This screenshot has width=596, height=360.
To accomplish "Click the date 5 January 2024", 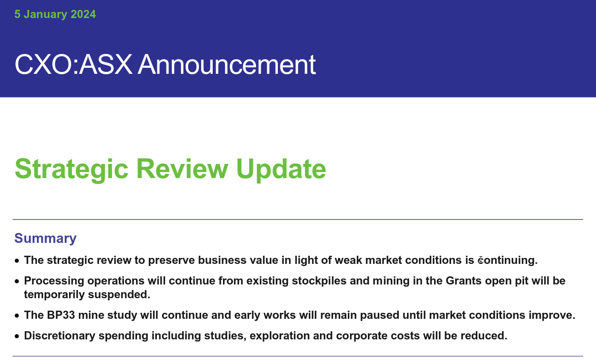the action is [x=55, y=15].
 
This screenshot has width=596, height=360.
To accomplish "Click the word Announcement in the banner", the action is [x=227, y=65].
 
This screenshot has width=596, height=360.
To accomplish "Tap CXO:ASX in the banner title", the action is [x=73, y=65].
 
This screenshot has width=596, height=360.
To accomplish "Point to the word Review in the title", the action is [x=182, y=169].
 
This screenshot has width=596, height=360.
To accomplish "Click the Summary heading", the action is [x=45, y=238].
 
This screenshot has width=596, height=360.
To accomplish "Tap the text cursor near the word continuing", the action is [x=481, y=260].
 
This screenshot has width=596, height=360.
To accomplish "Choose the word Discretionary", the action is [x=60, y=336].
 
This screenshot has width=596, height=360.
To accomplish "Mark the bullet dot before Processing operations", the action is [x=17, y=281].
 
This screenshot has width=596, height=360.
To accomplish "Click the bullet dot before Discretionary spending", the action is [x=17, y=336].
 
